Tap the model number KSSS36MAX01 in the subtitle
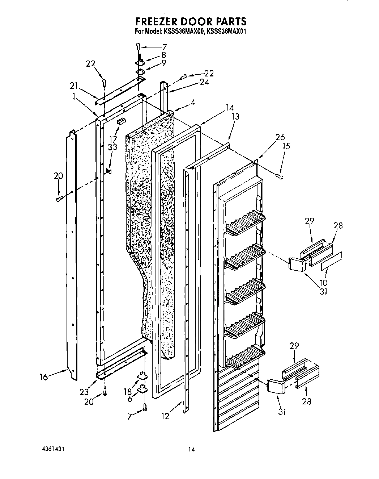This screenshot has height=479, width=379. click(x=226, y=32)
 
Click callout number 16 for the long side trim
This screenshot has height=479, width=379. click(x=44, y=377)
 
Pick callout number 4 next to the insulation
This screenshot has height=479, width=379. click(x=193, y=103)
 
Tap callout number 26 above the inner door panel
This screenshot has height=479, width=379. click(x=280, y=138)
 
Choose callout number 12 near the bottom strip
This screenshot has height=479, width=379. click(x=165, y=417)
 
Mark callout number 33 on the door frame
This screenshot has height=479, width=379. click(x=112, y=147)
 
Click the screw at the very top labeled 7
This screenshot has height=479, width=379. click(x=138, y=46)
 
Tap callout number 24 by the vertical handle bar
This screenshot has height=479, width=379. click(x=204, y=82)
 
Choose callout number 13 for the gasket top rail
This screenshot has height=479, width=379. click(x=236, y=117)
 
